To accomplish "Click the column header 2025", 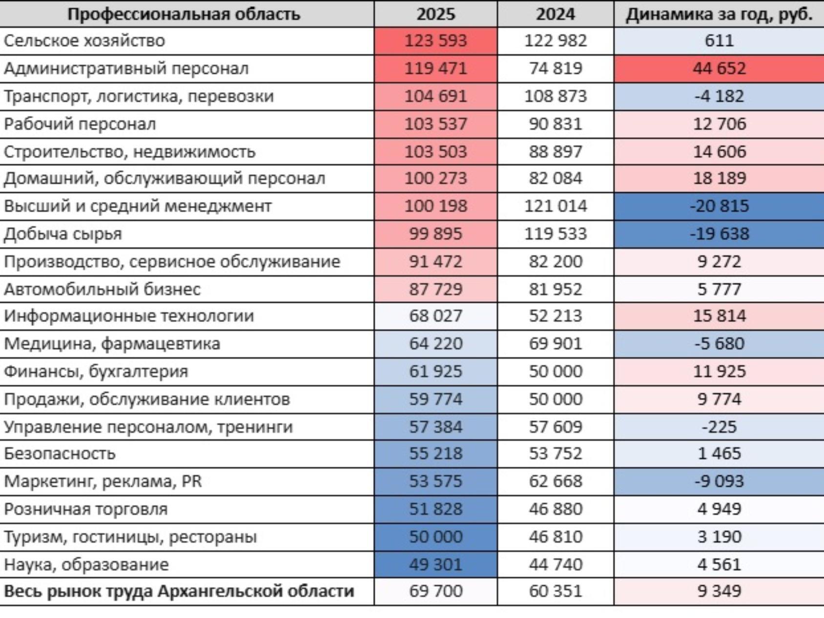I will tap(435, 14).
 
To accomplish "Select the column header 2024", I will tap(556, 14).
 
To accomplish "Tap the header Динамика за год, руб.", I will tap(719, 14).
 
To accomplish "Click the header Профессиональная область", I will tap(184, 14).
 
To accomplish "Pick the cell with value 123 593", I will tap(435, 41).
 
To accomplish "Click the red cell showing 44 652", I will tap(719, 68).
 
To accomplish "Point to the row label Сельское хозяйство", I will tap(84, 41).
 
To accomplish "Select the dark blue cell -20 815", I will tap(719, 206).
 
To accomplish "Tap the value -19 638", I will tap(719, 234).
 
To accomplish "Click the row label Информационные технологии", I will tap(129, 316).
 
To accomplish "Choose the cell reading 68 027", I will tap(435, 316).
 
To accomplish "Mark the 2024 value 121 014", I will tap(556, 206).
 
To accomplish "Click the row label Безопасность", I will tap(60, 453).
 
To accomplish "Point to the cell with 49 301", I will tap(435, 565).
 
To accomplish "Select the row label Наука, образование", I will tap(86, 565).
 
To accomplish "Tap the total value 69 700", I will tap(435, 591).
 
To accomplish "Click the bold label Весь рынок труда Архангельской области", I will tap(179, 591).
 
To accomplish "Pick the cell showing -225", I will tap(719, 427).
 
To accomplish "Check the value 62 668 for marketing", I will tap(556, 481).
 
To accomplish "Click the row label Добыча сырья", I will tap(63, 234).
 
